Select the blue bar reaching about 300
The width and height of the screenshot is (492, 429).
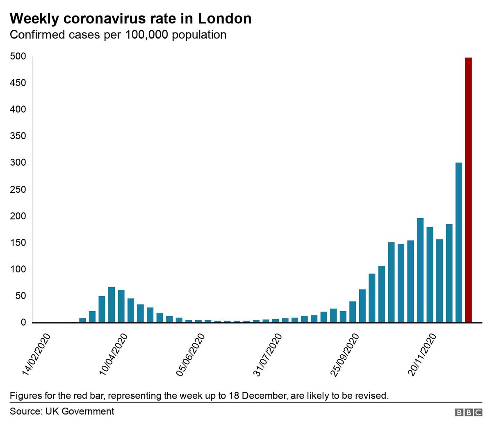click(x=459, y=242)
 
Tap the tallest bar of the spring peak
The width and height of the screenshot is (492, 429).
click(x=112, y=305)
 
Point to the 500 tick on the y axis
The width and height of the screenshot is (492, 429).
click(x=18, y=57)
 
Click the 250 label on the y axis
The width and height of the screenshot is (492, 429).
click(x=18, y=189)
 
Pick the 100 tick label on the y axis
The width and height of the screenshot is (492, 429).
click(x=18, y=269)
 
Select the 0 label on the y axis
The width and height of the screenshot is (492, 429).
click(x=23, y=323)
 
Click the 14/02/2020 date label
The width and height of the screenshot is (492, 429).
click(x=37, y=355)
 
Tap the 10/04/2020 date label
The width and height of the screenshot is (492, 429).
click(x=114, y=355)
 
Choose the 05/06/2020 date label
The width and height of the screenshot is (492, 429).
click(x=191, y=355)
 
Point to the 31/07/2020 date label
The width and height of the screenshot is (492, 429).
click(x=268, y=355)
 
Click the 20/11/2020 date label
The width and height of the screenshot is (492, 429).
click(x=422, y=355)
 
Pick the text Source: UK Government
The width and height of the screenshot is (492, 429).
click(x=62, y=411)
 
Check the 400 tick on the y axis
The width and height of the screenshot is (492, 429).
click(x=18, y=110)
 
